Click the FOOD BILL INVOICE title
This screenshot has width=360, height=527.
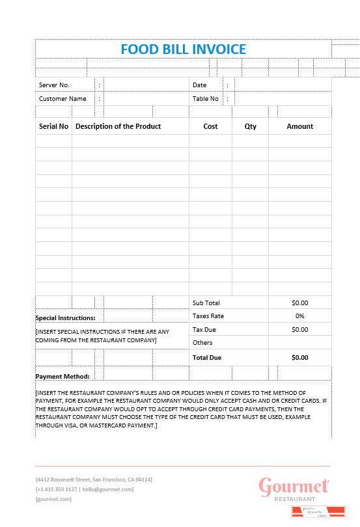click(x=183, y=49)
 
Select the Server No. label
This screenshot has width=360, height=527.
click(x=54, y=85)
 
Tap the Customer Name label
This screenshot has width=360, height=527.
click(x=62, y=99)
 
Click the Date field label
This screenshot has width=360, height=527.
click(x=199, y=85)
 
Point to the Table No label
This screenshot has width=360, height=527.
click(x=206, y=99)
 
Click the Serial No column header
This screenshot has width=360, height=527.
click(x=53, y=126)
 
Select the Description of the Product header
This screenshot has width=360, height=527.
click(x=118, y=126)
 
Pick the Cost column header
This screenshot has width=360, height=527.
click(x=210, y=126)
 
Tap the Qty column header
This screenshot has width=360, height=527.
click(x=250, y=126)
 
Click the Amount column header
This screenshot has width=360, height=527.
click(x=299, y=126)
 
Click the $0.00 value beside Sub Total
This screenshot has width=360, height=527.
click(x=299, y=303)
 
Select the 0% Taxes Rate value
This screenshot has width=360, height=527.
click(x=299, y=316)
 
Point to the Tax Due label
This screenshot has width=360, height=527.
click(x=204, y=329)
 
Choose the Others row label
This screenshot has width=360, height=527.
click(x=202, y=342)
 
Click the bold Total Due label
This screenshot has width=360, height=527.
click(x=207, y=358)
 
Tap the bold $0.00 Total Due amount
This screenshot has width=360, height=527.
click(x=299, y=358)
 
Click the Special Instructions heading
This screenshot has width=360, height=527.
click(x=65, y=318)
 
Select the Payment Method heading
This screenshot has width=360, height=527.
click(x=62, y=376)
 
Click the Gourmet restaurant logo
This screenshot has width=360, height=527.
click(x=294, y=489)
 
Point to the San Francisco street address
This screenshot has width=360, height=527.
click(x=94, y=480)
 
